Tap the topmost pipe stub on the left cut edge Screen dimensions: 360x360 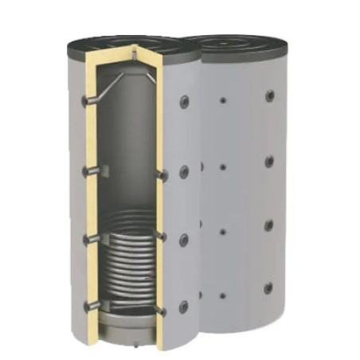pyautogui.click(x=89, y=103)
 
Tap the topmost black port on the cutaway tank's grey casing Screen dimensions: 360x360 pyautogui.click(x=185, y=101)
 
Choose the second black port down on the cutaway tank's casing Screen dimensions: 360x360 pyautogui.click(x=185, y=170)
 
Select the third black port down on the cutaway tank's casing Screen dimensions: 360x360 pyautogui.click(x=185, y=238)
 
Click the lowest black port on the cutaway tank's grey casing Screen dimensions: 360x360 pyautogui.click(x=185, y=305)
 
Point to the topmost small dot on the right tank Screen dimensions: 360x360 pyautogui.click(x=224, y=101)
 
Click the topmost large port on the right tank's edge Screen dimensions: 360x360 pyautogui.click(x=268, y=96)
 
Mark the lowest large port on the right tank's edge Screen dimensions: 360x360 pyautogui.click(x=268, y=288)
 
